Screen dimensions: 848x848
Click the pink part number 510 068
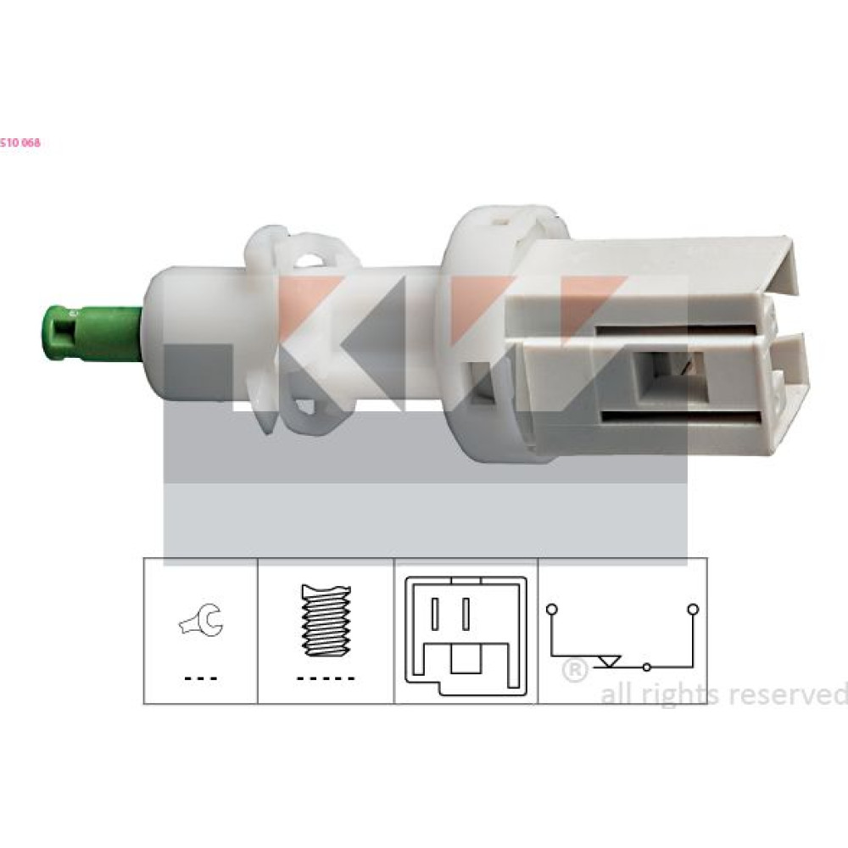[20, 142]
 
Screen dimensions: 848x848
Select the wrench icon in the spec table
[201, 621]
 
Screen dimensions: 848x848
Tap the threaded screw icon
[326, 621]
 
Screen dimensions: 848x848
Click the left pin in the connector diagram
[433, 614]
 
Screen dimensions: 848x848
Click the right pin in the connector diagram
[465, 614]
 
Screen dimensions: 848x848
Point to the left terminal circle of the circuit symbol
[552, 610]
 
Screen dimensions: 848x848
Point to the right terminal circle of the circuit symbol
[693, 610]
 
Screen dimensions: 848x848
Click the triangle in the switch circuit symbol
[608, 661]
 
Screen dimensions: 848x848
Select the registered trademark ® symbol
[574, 671]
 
